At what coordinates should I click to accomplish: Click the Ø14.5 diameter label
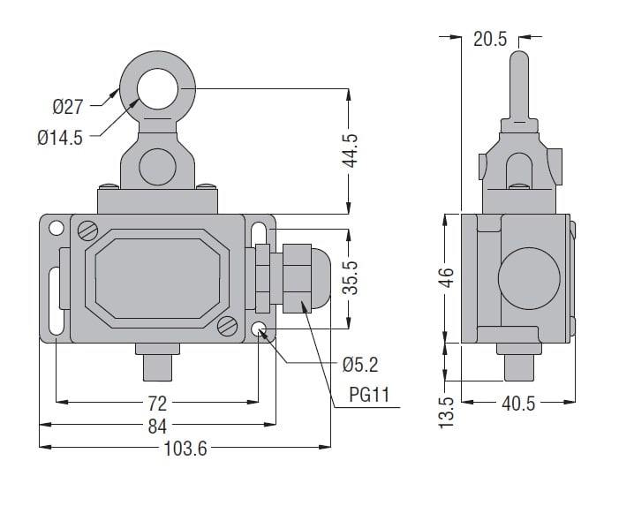tap(60, 138)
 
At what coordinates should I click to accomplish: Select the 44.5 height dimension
tap(351, 151)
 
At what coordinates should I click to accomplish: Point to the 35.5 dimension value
tap(351, 276)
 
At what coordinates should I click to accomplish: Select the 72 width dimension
tap(156, 404)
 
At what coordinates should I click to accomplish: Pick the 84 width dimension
tap(156, 427)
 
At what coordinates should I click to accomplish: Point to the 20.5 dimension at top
tap(490, 38)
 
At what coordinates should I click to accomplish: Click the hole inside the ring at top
tap(159, 89)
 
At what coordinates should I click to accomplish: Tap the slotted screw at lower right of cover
tap(227, 325)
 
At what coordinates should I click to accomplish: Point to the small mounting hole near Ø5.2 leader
tap(260, 330)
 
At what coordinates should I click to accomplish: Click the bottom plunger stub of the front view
tap(156, 363)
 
